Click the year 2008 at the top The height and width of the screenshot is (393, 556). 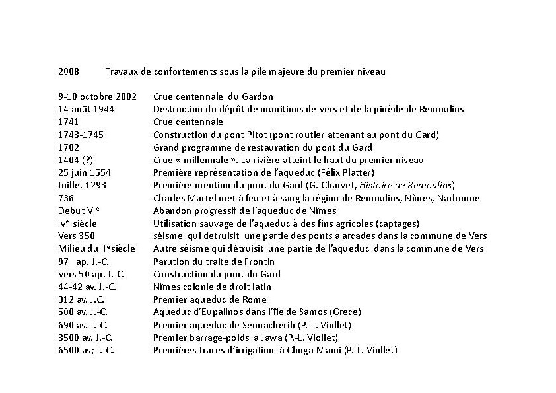pyautogui.click(x=69, y=71)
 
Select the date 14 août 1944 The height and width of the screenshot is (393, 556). pyautogui.click(x=86, y=109)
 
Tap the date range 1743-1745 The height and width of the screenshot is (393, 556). pyautogui.click(x=81, y=135)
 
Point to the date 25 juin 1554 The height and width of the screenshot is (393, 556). pyautogui.click(x=85, y=172)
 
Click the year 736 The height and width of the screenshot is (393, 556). pyautogui.click(x=66, y=198)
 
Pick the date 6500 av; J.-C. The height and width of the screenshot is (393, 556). pyautogui.click(x=86, y=350)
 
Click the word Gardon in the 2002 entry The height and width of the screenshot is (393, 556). pyautogui.click(x=258, y=96)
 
